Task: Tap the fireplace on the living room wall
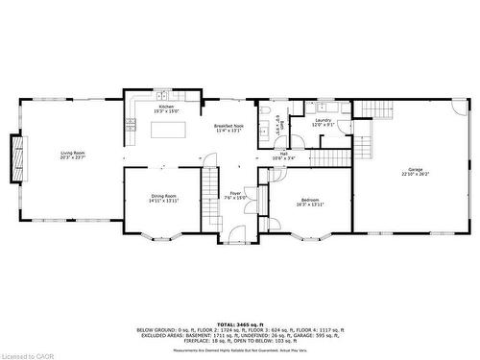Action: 15,157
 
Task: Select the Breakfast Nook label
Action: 228,129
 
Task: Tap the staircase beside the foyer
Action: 210,192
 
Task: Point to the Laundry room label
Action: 323,122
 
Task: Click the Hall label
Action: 284,155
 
